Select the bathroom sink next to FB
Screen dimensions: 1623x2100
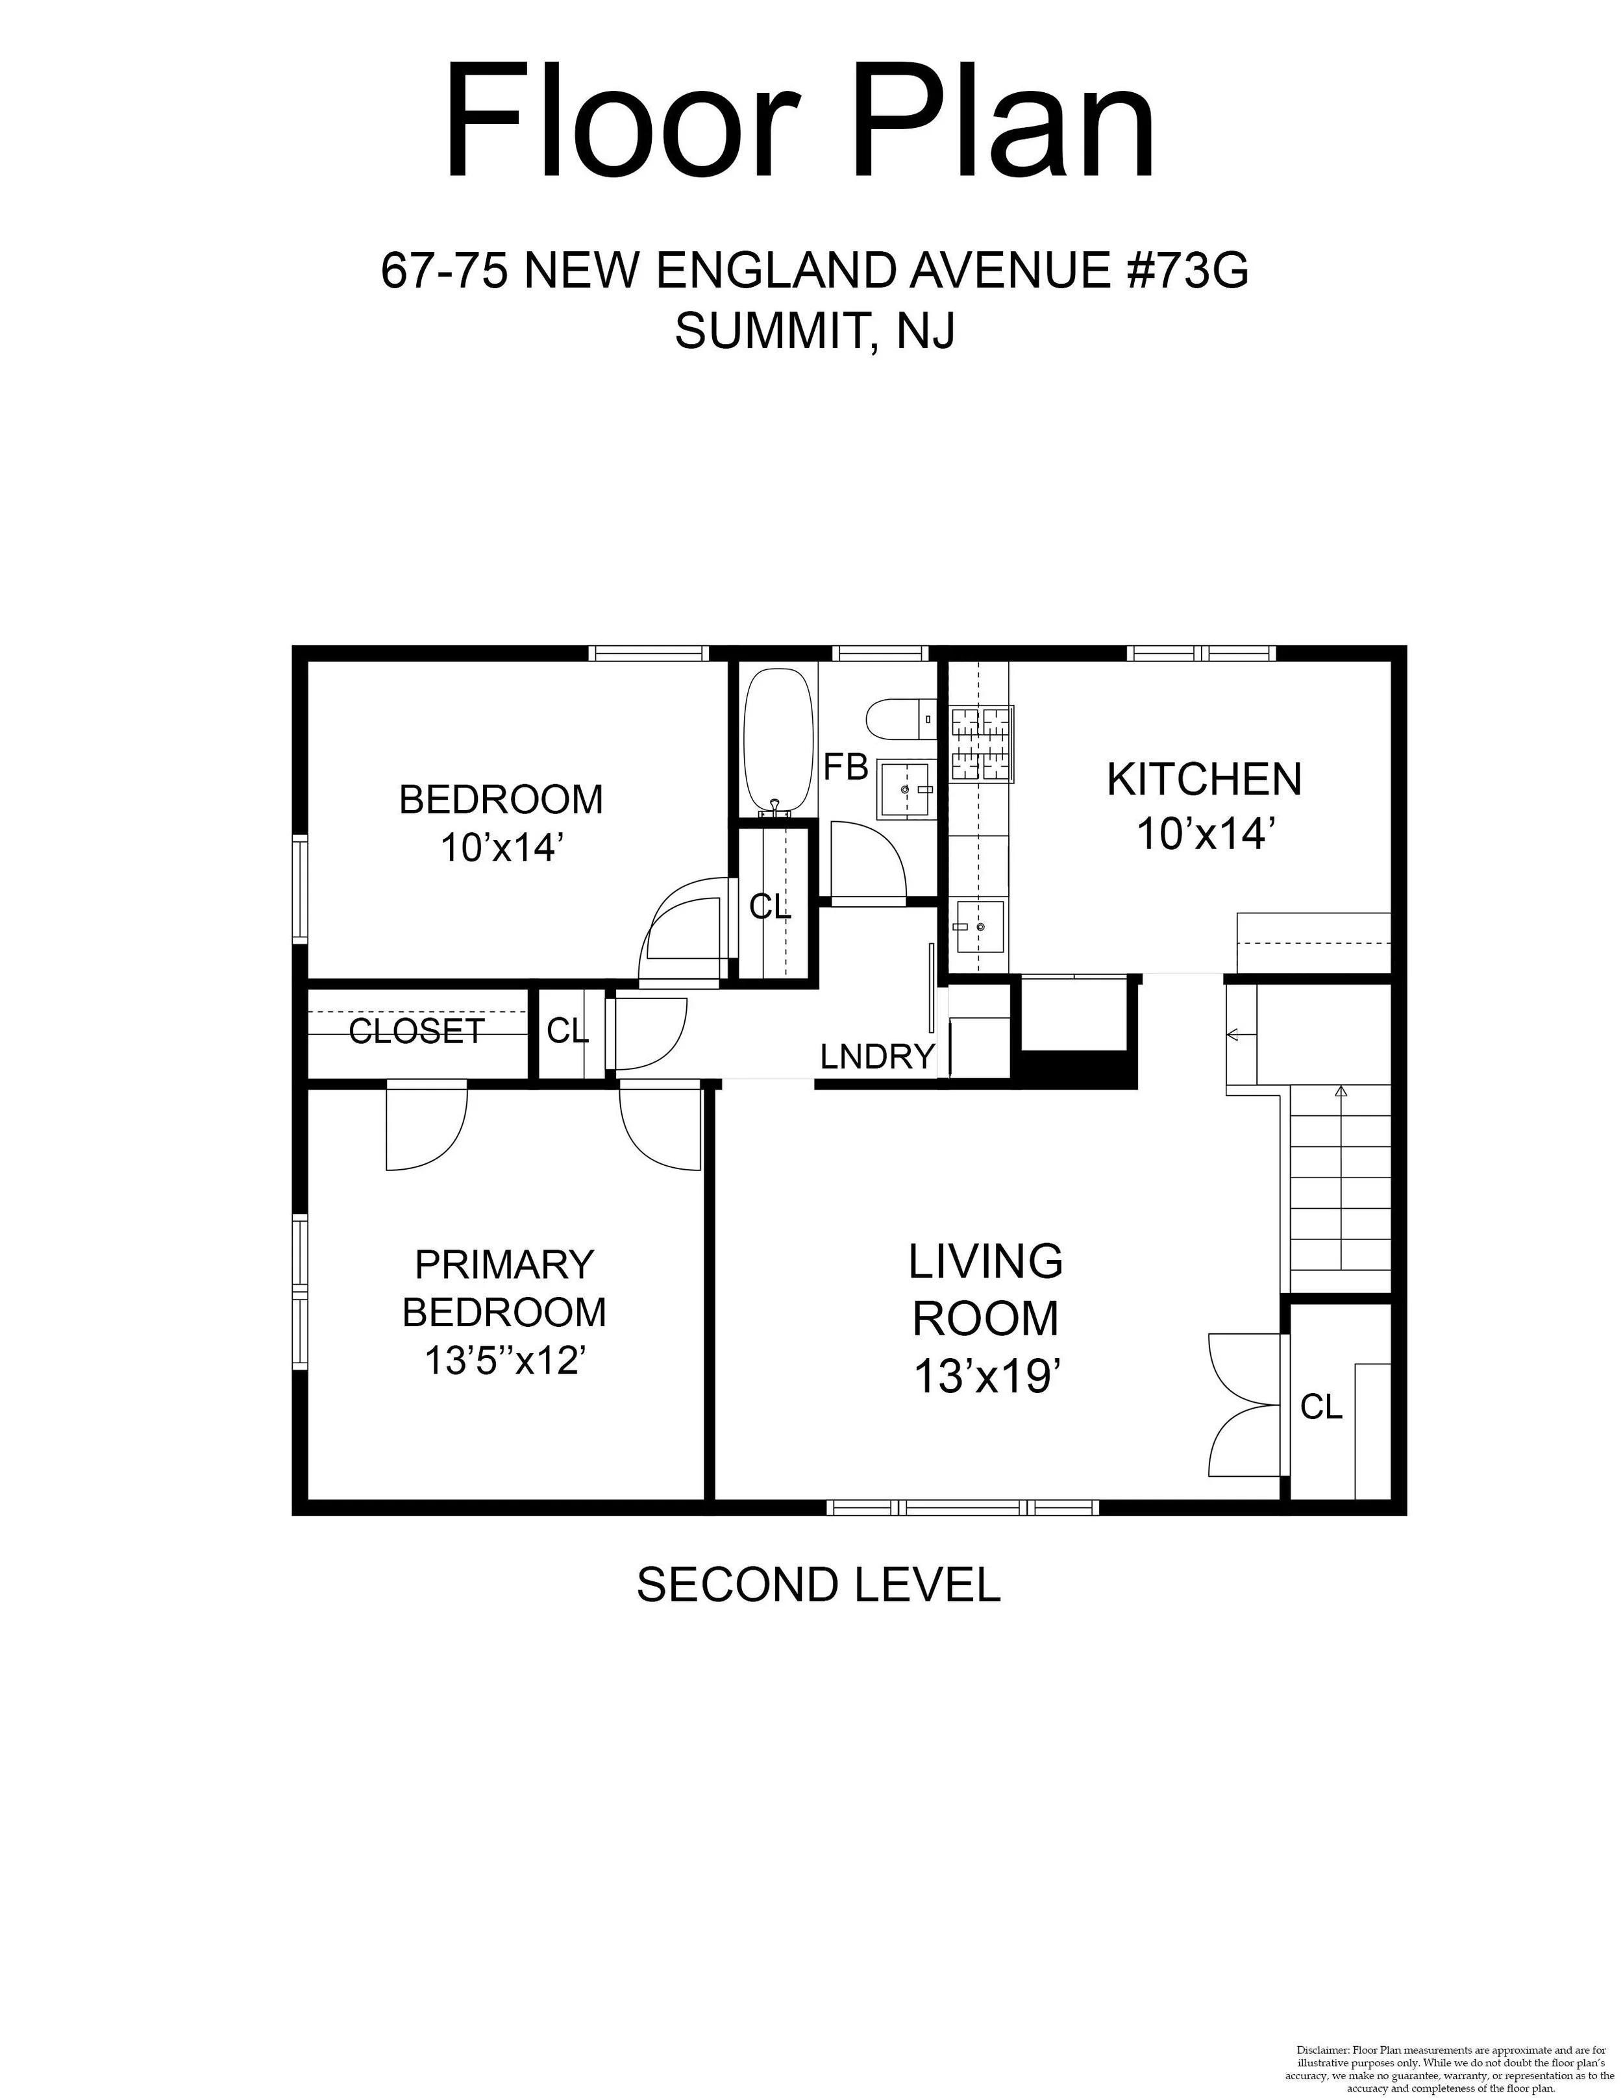click(905, 789)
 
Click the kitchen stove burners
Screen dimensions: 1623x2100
click(983, 743)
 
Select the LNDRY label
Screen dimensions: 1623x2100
click(878, 1057)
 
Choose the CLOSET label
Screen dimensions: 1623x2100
click(416, 1031)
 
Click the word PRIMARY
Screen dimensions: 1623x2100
click(505, 1265)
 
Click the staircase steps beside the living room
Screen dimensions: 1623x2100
click(1339, 1191)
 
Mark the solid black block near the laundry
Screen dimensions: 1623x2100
click(1078, 1069)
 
